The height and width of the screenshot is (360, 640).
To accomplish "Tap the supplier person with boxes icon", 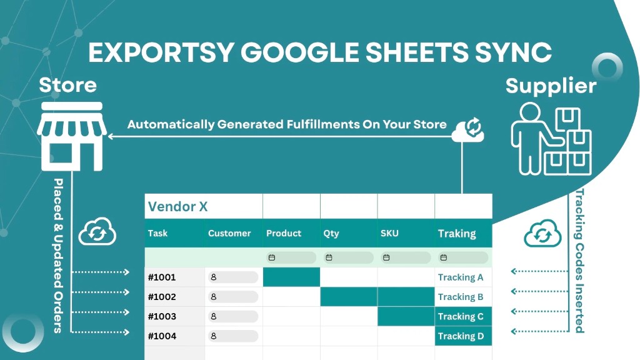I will (550, 138).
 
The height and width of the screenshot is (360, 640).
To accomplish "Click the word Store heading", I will (68, 85).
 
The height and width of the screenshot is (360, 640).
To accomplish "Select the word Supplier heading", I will (551, 85).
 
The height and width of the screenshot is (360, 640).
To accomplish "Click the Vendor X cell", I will (177, 206).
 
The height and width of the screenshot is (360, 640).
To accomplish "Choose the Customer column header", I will (229, 233).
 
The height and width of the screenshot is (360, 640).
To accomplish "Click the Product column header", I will (284, 233).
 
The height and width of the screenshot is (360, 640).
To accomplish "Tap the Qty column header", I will (331, 233).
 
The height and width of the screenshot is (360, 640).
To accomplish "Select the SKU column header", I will (389, 233).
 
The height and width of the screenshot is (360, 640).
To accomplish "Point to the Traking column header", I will (457, 233).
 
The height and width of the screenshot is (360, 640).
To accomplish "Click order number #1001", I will (162, 277).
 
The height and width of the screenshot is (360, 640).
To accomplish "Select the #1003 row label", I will (162, 316).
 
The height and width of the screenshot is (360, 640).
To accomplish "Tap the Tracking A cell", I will (461, 277).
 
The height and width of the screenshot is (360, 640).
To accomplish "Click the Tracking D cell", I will (461, 336).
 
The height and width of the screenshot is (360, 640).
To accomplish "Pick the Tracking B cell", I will (461, 297).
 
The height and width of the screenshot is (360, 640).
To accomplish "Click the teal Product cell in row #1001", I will (291, 277).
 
